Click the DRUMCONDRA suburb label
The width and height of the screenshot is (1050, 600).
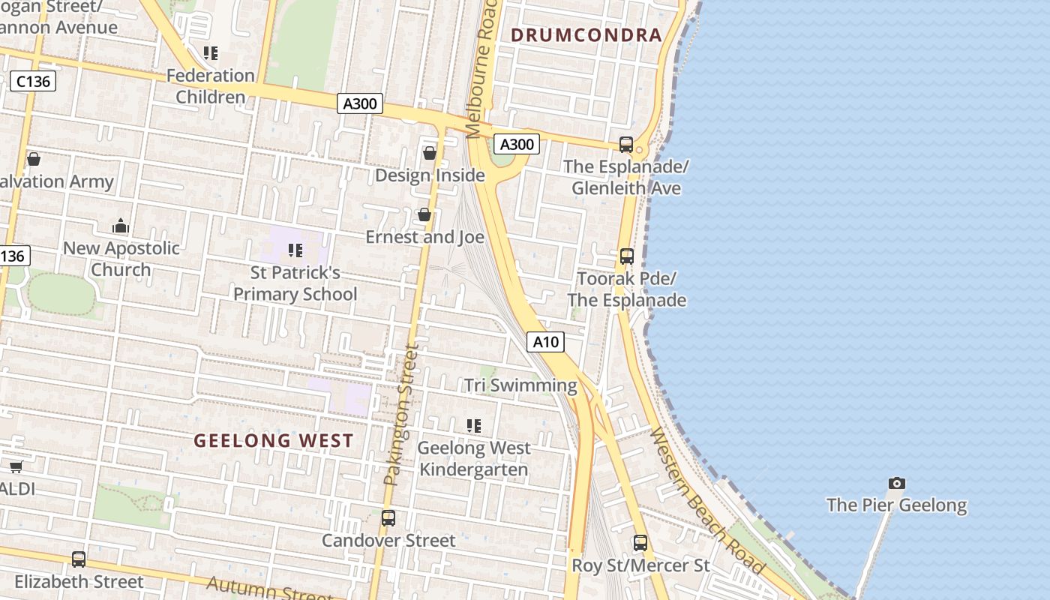(586, 34)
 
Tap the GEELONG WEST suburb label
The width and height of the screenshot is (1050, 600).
(274, 440)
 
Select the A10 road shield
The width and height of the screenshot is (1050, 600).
(545, 342)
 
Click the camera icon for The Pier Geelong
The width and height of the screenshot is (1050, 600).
(896, 483)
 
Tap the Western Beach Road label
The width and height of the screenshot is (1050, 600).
(707, 502)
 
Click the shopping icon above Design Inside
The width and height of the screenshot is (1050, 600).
(430, 153)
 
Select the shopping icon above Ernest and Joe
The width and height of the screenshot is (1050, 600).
(424, 215)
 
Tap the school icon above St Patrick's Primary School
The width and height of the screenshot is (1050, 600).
(295, 250)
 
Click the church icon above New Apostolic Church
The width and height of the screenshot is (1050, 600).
(121, 226)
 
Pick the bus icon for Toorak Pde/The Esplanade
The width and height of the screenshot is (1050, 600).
(627, 256)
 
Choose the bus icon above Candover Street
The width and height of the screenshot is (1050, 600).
(388, 518)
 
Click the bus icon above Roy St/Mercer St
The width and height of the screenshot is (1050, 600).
(640, 543)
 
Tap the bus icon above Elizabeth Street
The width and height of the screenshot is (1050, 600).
(79, 559)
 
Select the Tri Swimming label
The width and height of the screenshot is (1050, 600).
(520, 385)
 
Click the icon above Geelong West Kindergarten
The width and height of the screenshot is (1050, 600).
(474, 426)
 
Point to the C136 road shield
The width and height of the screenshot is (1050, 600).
(34, 81)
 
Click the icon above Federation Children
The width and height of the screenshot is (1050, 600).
(211, 53)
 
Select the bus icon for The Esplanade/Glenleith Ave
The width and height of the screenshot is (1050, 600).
(626, 144)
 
